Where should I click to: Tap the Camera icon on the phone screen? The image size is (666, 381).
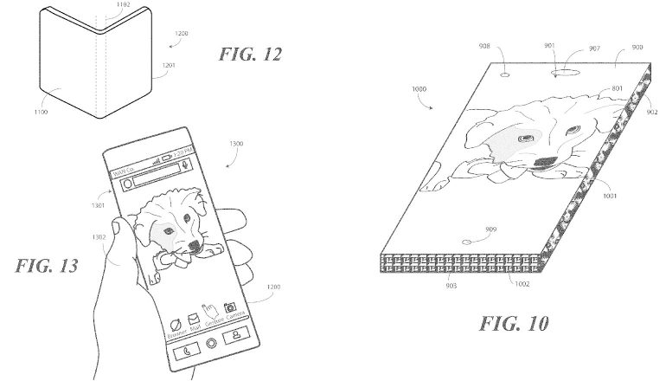(230, 308)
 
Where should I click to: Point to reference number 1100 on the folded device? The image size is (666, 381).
(41, 113)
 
